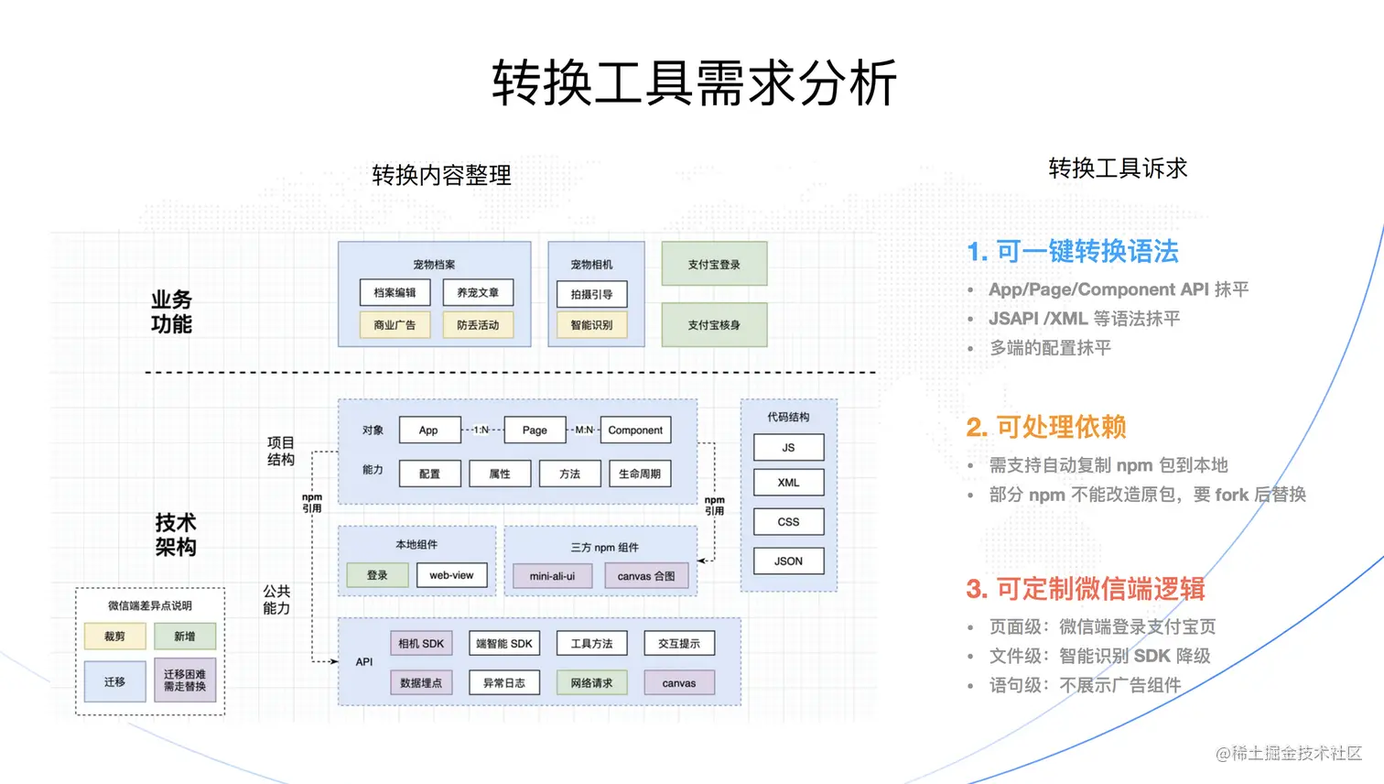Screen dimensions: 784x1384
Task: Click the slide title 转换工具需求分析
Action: (x=694, y=83)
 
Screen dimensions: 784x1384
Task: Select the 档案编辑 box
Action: (x=395, y=292)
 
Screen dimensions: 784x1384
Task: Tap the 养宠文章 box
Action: (x=478, y=292)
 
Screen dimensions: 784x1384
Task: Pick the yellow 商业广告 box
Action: (x=395, y=324)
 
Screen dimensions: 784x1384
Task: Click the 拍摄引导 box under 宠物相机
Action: (x=591, y=294)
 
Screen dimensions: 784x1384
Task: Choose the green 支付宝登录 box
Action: (x=714, y=264)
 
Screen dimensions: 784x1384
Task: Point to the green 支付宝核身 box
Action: (x=714, y=324)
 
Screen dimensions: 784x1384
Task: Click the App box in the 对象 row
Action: (x=428, y=430)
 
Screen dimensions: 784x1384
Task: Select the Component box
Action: (x=635, y=430)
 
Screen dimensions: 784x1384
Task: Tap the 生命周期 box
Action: (x=639, y=474)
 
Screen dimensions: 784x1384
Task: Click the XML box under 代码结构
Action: (x=788, y=483)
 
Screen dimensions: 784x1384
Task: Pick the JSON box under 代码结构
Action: (x=788, y=561)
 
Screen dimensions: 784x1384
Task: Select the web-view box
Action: (x=451, y=575)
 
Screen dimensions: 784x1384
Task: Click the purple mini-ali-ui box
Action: (x=552, y=576)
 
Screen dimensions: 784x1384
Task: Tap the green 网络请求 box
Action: (x=591, y=682)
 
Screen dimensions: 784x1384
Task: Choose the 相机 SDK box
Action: (x=421, y=643)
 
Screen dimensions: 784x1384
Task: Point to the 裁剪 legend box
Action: (x=114, y=636)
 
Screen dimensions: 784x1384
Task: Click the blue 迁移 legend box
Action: (x=114, y=681)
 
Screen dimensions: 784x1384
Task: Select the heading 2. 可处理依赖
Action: (x=1046, y=427)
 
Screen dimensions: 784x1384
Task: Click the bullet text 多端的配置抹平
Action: (x=1050, y=348)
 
